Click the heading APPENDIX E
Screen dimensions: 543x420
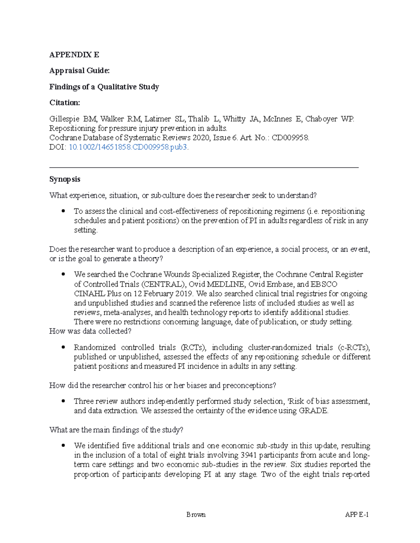point(74,55)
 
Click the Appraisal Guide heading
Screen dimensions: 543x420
point(79,71)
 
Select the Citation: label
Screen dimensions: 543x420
point(64,103)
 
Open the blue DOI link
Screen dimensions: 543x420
point(128,147)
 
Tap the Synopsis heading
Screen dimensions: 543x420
point(65,179)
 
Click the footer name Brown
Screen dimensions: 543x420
point(196,515)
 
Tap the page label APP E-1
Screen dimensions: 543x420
point(357,515)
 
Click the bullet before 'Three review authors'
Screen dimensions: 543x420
point(63,401)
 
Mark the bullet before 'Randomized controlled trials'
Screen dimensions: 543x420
point(63,348)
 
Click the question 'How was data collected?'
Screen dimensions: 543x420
point(90,331)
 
